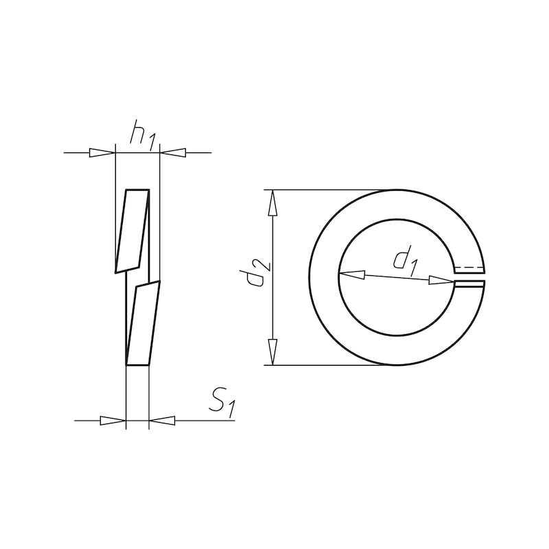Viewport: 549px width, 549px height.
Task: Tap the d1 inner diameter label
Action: tap(405, 261)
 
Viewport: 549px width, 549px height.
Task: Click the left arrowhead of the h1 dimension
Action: tap(102, 152)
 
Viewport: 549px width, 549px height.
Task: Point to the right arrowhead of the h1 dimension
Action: tap(173, 152)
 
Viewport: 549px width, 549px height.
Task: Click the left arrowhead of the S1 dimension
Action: tap(113, 420)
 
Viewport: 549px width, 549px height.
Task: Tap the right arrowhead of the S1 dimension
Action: tap(162, 420)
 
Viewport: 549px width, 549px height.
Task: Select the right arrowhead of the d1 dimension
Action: tap(441, 280)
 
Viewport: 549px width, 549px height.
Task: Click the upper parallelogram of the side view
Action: tap(134, 229)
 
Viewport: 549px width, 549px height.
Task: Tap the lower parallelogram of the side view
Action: tap(143, 324)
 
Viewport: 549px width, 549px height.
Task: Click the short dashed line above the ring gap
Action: tap(469, 268)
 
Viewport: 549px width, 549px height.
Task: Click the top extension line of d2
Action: tap(323, 189)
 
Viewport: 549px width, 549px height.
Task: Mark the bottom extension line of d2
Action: tap(323, 365)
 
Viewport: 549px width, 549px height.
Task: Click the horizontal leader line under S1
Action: tap(206, 420)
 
